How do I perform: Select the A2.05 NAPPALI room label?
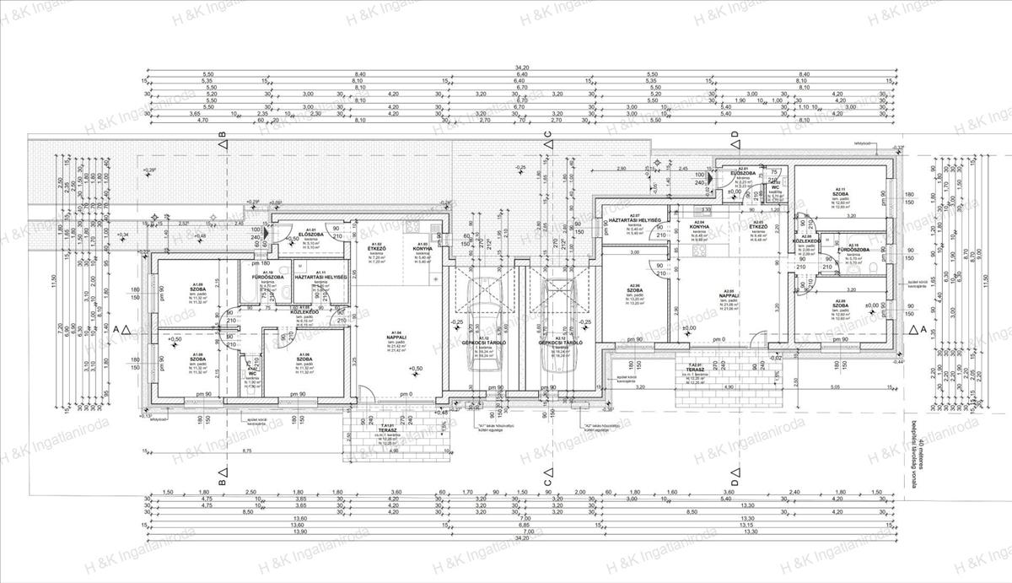pyautogui.click(x=724, y=294)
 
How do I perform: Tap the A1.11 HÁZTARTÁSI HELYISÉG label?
pyautogui.click(x=317, y=276)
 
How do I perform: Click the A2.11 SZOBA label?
pyautogui.click(x=839, y=191)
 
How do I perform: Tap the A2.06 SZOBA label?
pyautogui.click(x=636, y=291)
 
